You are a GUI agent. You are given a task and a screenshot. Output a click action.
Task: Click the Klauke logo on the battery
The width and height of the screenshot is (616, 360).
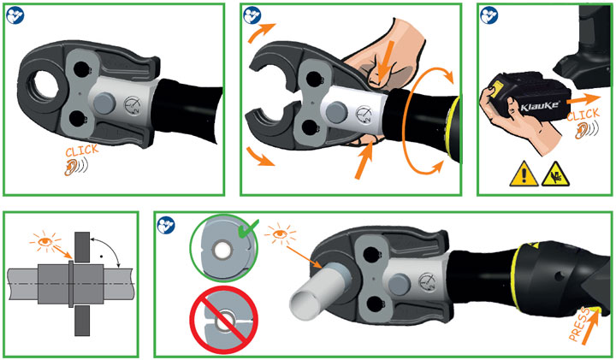click(540, 106)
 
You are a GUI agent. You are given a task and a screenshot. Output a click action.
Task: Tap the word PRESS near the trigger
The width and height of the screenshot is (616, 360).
click(579, 324)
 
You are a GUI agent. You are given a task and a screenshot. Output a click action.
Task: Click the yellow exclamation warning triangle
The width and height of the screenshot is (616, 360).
click(524, 174)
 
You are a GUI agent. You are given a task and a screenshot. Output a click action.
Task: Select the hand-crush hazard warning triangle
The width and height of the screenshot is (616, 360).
click(555, 174)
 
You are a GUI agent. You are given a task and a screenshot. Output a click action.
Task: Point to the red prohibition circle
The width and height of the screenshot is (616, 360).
click(224, 321)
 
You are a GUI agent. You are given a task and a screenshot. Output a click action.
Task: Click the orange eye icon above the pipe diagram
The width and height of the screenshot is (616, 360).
click(45, 241)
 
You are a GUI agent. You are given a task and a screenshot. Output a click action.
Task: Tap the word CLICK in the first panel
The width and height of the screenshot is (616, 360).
click(82, 150)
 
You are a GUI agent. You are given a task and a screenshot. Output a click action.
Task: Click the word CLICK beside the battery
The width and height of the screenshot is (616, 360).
click(583, 115)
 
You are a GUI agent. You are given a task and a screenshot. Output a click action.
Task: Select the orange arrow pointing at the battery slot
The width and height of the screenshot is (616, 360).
click(583, 99)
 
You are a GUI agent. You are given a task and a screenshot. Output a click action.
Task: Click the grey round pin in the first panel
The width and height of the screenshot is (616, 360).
click(104, 103)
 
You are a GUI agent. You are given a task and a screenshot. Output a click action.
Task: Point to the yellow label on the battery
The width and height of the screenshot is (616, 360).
click(497, 86)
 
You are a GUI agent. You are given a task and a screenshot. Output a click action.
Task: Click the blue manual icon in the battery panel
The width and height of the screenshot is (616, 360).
click(489, 15)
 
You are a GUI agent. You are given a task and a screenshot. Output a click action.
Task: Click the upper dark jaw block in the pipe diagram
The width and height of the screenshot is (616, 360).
click(82, 247)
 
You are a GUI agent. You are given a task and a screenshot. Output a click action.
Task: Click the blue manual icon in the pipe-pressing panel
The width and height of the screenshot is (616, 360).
click(166, 226)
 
